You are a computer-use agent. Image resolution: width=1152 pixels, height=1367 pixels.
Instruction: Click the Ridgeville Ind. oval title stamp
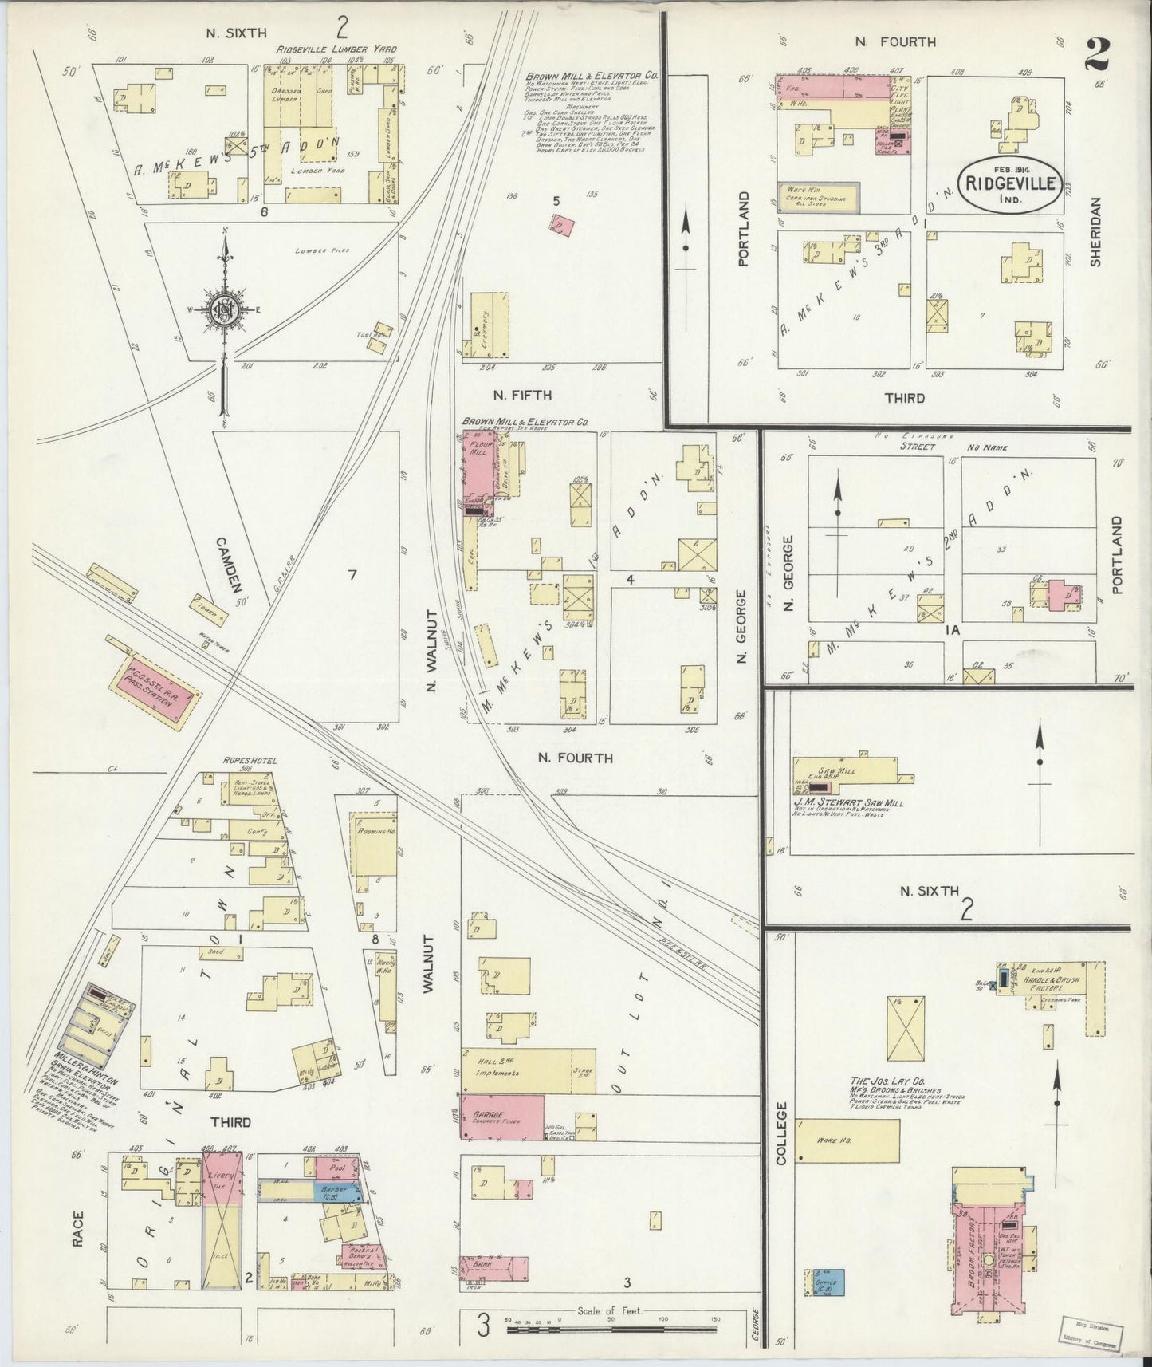pos(1010,182)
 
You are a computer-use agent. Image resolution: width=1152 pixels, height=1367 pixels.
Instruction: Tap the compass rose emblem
pos(226,305)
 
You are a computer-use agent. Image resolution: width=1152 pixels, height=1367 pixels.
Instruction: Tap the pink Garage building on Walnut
pos(502,1117)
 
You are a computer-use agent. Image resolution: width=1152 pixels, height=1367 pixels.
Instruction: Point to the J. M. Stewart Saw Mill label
pos(848,803)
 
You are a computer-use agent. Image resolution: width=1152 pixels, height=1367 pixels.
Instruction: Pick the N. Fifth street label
pos(521,394)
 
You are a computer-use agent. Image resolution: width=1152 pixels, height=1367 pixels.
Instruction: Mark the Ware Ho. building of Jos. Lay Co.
pos(847,1140)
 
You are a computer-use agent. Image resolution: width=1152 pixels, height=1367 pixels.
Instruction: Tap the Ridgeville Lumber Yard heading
pos(336,49)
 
